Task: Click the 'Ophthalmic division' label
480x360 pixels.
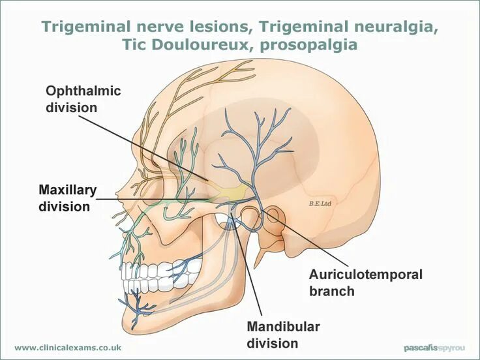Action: (x=83, y=98)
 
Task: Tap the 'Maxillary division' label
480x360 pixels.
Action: (x=67, y=198)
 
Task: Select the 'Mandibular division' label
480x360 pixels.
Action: (x=283, y=335)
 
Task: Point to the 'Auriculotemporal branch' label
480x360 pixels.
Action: (x=366, y=282)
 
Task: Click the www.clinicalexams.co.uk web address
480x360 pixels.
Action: (x=68, y=348)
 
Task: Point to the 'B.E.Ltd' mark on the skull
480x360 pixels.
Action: (x=320, y=203)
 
